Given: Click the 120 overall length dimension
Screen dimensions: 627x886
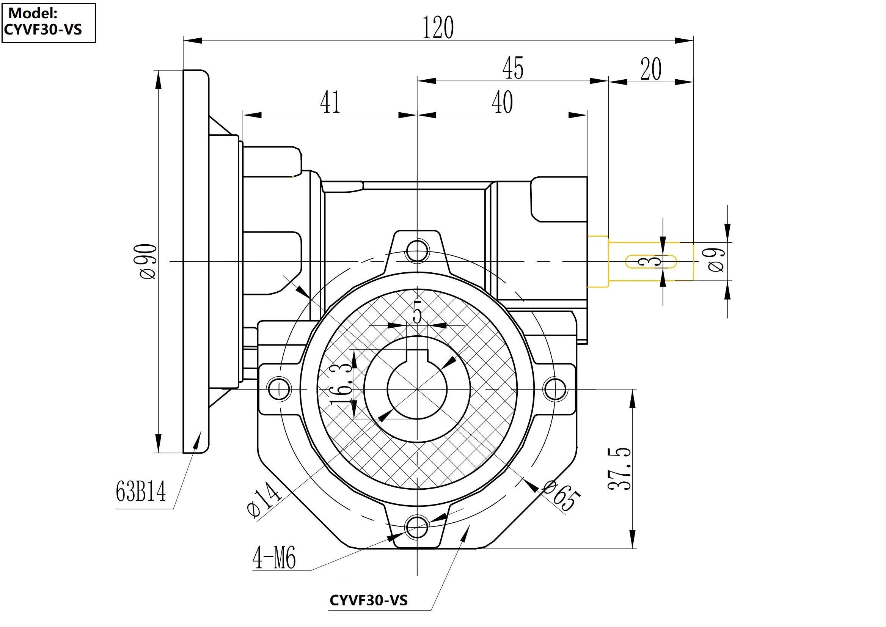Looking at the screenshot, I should (438, 27).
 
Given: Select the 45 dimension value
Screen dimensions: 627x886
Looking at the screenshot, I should (513, 68).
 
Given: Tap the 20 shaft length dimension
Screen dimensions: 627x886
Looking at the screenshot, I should (651, 69).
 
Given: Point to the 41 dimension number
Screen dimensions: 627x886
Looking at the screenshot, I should (330, 102).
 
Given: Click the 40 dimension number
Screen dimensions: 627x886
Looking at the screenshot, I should (502, 102).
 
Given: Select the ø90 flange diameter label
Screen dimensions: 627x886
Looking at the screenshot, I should (149, 261).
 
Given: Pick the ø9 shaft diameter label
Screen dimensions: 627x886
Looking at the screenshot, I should (717, 260).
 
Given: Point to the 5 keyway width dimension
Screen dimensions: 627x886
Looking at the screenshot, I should (417, 312).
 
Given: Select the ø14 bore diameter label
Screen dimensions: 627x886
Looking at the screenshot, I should (264, 500).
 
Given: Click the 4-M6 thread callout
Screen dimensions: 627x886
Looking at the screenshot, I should (274, 558).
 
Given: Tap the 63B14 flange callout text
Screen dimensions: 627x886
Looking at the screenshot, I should (141, 492).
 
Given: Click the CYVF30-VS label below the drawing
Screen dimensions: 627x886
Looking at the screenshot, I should (368, 600).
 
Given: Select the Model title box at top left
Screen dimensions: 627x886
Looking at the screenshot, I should (48, 23).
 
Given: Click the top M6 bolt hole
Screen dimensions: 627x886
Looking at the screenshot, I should (417, 251).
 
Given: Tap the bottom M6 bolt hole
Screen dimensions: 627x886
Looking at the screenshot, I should (417, 526).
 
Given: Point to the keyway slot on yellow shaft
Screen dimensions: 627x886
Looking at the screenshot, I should (650, 261).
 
